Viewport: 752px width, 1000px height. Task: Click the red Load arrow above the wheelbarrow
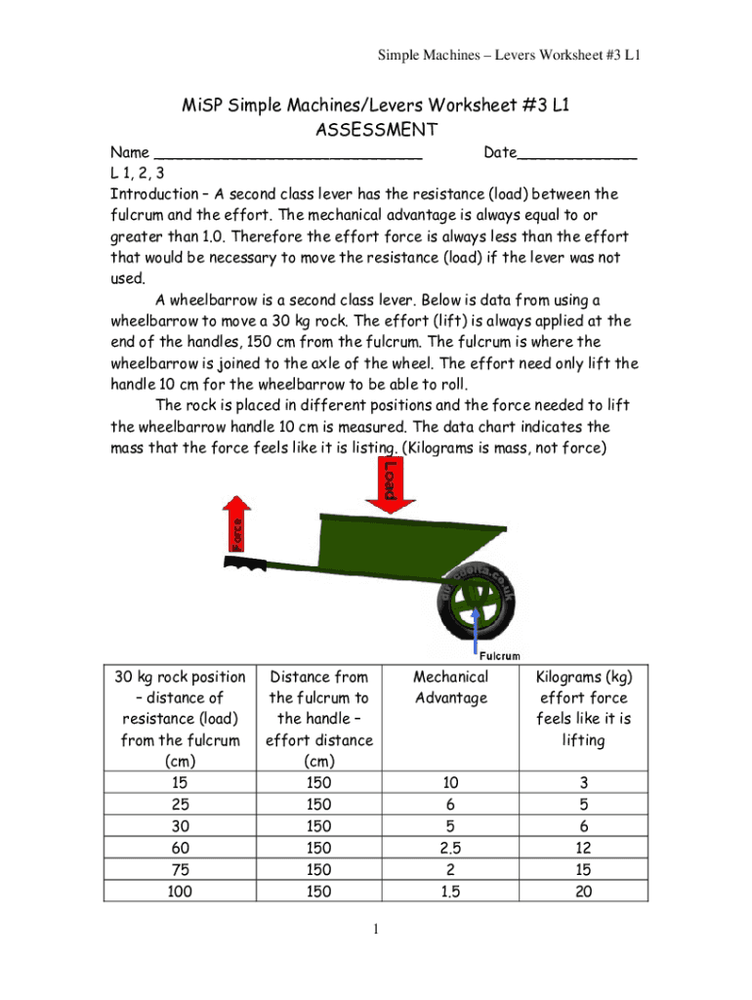pyautogui.click(x=389, y=484)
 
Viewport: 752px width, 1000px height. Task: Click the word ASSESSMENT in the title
pyautogui.click(x=376, y=130)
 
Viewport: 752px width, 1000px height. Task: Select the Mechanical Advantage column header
pyautogui.click(x=450, y=687)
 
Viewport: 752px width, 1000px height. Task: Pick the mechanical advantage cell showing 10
pyautogui.click(x=450, y=783)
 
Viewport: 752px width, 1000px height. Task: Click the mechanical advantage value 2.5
pyautogui.click(x=450, y=848)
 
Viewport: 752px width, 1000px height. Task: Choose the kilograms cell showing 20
pyautogui.click(x=583, y=891)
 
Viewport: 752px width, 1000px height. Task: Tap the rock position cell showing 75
pyautogui.click(x=180, y=869)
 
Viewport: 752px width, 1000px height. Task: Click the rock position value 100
pyautogui.click(x=180, y=891)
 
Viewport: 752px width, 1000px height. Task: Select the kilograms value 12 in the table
pyautogui.click(x=583, y=848)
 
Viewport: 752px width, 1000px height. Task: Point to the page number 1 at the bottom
pyautogui.click(x=376, y=929)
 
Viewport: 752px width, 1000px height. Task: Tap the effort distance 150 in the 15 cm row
pyautogui.click(x=318, y=783)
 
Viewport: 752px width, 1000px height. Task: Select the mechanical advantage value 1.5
pyautogui.click(x=450, y=891)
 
